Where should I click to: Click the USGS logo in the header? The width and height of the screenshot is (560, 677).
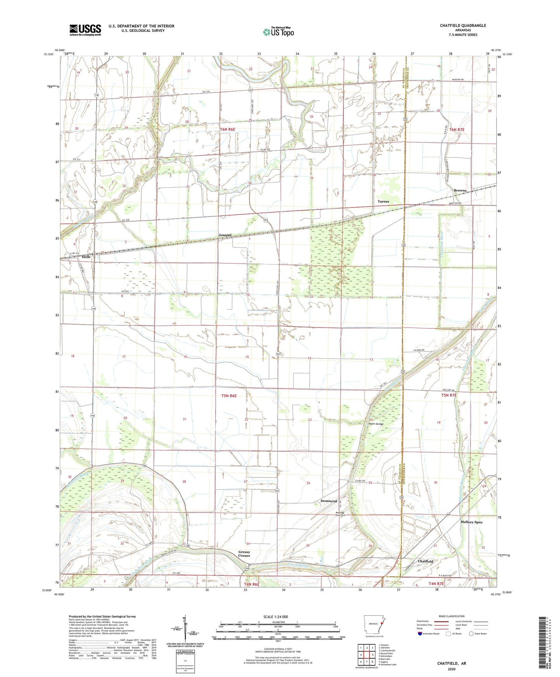click(x=85, y=29)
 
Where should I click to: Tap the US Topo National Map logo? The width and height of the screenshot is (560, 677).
click(x=278, y=31)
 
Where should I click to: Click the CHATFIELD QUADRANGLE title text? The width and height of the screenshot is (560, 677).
click(x=463, y=26)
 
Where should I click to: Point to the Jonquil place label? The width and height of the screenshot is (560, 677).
click(x=225, y=235)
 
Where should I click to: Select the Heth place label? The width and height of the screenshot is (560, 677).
click(x=86, y=257)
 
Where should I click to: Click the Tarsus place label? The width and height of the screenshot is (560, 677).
click(x=383, y=202)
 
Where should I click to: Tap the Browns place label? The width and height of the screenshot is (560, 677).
click(x=460, y=190)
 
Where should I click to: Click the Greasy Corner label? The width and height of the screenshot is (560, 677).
click(x=244, y=554)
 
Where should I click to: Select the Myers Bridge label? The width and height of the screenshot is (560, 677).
click(x=376, y=424)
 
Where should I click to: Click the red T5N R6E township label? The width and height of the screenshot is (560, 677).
click(x=229, y=396)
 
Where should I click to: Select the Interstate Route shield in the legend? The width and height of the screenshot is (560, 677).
click(x=420, y=634)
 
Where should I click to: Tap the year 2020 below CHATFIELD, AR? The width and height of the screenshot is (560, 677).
click(x=451, y=669)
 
